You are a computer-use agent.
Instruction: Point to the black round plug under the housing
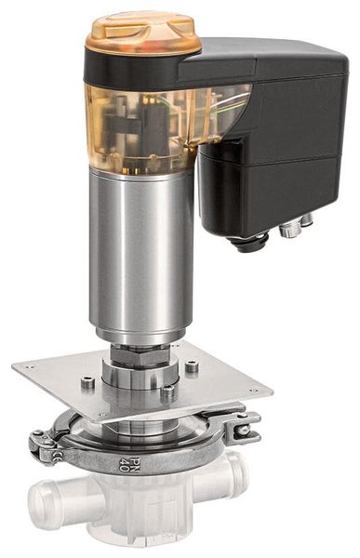(249, 243)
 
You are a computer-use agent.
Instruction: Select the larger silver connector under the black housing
(288, 229)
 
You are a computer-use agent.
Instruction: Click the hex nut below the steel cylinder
(140, 357)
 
